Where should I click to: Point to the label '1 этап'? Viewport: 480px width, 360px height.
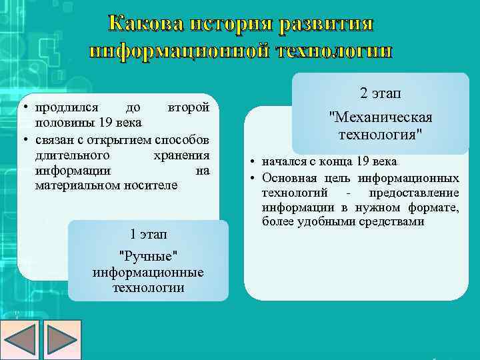tap(148, 234)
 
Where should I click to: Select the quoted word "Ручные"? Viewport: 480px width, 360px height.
tap(148, 257)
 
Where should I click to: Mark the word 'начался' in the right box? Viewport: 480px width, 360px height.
tap(284, 162)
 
